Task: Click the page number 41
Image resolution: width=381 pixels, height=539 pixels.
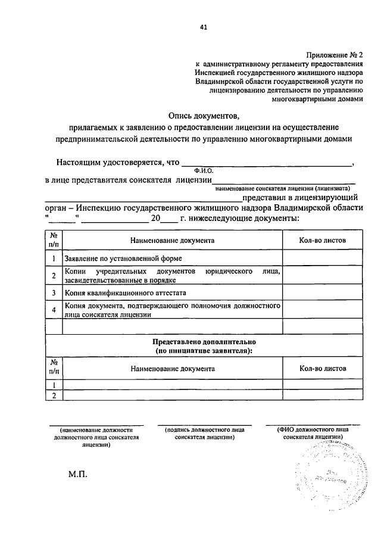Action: click(x=205, y=27)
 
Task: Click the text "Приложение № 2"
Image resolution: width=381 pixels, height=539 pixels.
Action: click(x=337, y=54)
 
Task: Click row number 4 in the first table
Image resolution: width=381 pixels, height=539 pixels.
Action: click(x=54, y=310)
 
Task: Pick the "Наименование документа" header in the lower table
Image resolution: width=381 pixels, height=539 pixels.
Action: click(x=173, y=369)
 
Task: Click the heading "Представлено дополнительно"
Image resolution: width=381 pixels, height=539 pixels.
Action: click(x=203, y=343)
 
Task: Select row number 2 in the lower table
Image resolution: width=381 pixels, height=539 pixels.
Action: click(x=54, y=395)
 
